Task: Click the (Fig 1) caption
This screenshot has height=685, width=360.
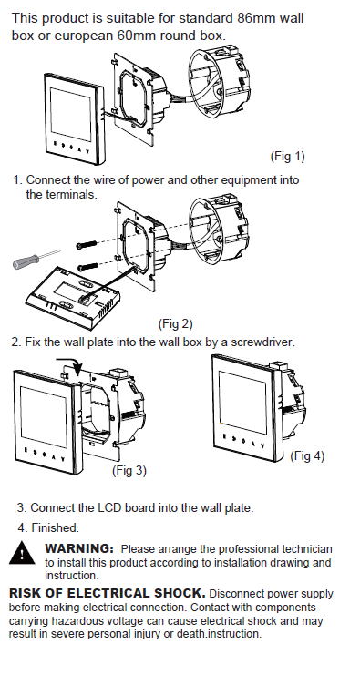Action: pyautogui.click(x=287, y=156)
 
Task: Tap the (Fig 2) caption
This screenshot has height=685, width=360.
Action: pyautogui.click(x=175, y=323)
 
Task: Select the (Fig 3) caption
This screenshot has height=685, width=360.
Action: pyautogui.click(x=129, y=470)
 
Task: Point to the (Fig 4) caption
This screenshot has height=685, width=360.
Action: pyautogui.click(x=307, y=456)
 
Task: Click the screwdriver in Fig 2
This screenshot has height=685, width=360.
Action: pyautogui.click(x=36, y=259)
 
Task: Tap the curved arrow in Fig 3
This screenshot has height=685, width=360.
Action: pyautogui.click(x=70, y=364)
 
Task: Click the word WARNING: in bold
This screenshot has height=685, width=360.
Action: pyautogui.click(x=79, y=547)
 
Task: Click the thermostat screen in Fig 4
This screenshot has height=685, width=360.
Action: pyautogui.click(x=242, y=396)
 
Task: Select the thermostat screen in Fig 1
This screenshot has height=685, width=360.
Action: pyautogui.click(x=71, y=111)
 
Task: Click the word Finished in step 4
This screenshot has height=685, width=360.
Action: pyautogui.click(x=54, y=527)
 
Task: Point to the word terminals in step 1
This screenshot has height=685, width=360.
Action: pyautogui.click(x=73, y=194)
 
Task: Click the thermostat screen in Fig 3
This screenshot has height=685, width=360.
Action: pyautogui.click(x=44, y=416)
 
